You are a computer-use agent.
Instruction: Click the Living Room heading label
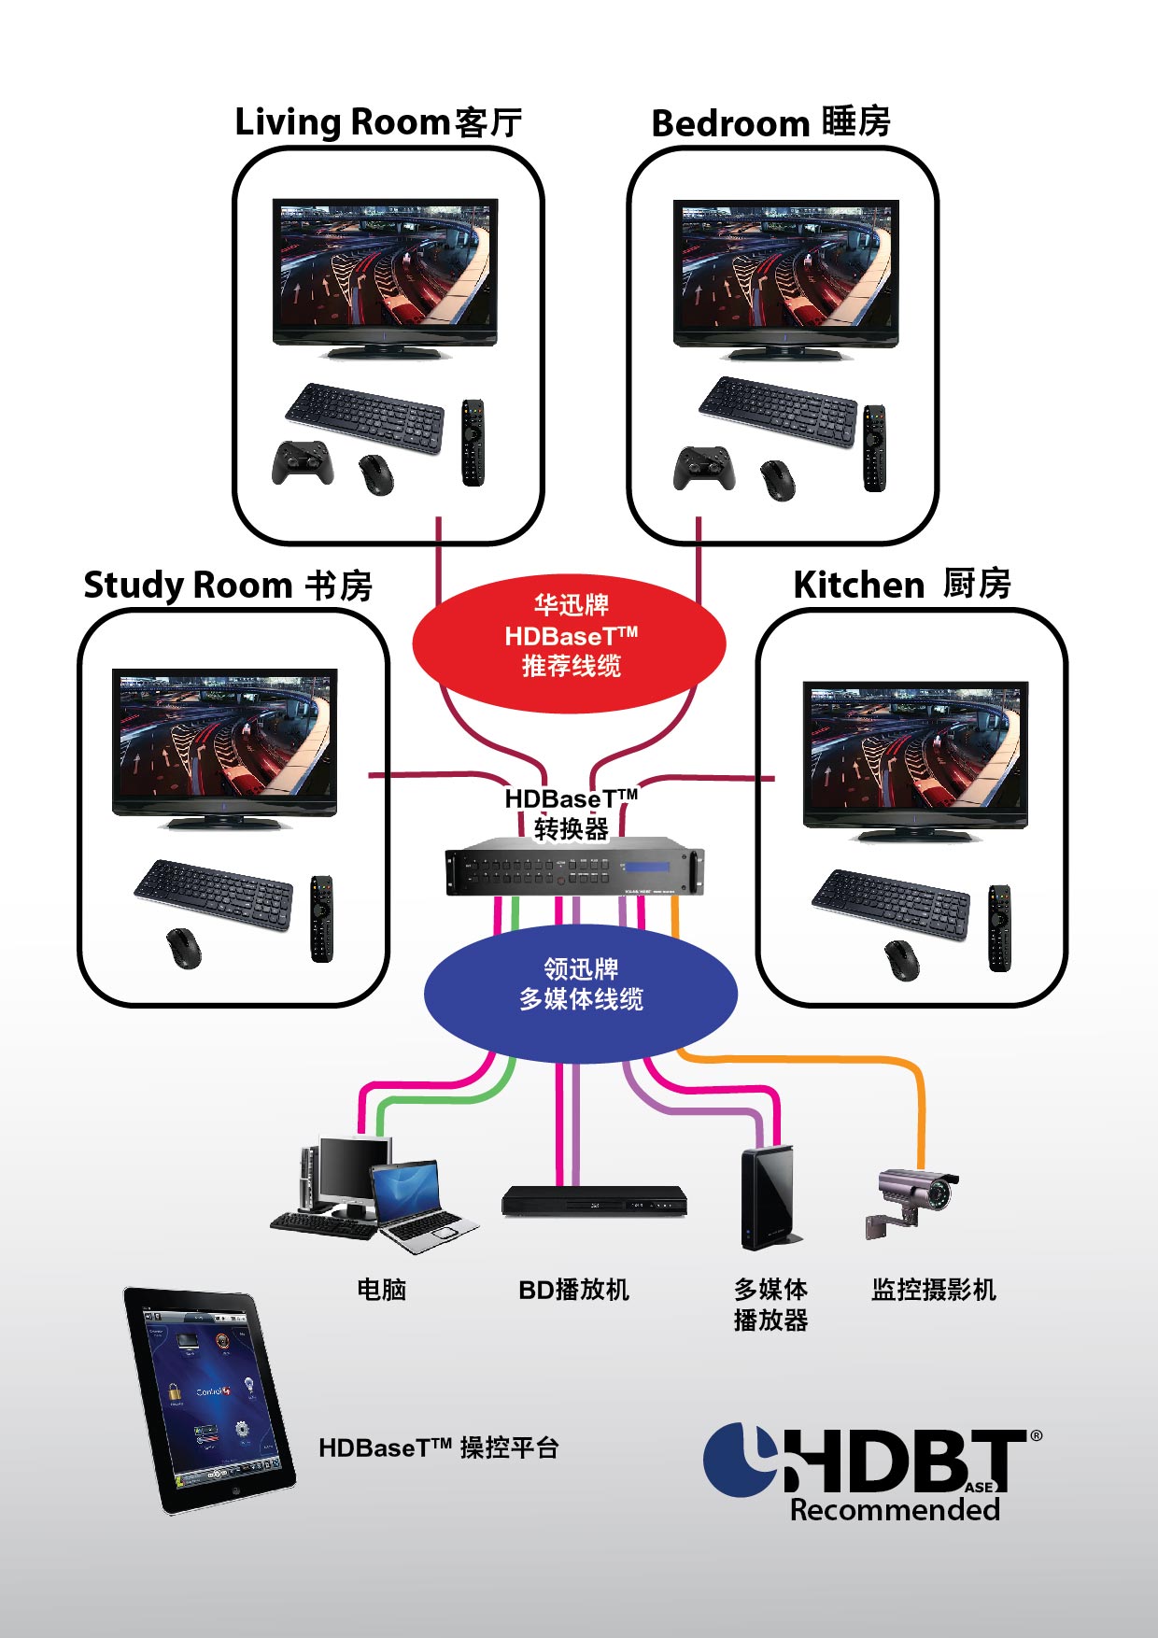coord(377,122)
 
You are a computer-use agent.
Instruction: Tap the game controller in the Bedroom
coord(698,468)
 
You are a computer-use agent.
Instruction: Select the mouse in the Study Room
coord(184,949)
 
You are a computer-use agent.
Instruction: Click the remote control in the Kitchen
coord(999,928)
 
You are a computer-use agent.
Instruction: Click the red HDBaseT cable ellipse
coord(570,642)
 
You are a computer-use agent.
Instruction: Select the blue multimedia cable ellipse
coord(580,992)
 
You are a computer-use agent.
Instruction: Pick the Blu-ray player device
coord(594,1200)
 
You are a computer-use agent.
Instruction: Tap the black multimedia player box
coord(768,1197)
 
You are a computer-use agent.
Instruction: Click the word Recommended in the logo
coord(895,1509)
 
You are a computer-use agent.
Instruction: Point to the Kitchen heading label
coord(902,585)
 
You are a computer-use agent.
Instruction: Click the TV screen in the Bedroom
coord(785,266)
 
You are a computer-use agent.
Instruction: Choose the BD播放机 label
coord(573,1290)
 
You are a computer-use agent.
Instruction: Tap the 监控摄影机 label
coord(933,1290)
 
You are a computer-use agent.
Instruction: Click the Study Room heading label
coord(228,586)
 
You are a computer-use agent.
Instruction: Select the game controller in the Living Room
coord(303,462)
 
